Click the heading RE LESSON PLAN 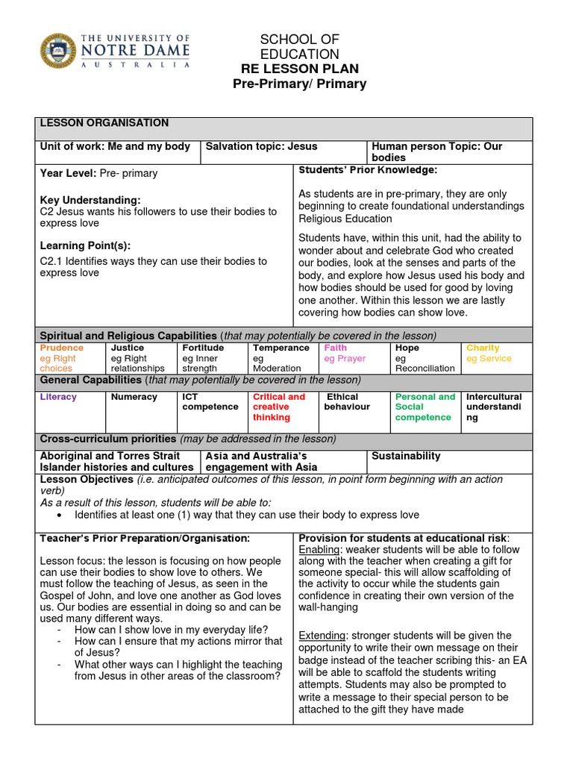point(299,69)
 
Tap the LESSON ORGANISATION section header point(104,123)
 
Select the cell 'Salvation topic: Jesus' point(261,147)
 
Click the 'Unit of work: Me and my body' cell point(115,147)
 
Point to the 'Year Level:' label point(68,173)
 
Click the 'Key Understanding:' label point(90,200)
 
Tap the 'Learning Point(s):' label point(85,245)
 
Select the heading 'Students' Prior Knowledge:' point(368,171)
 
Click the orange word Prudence point(62,348)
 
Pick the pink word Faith point(335,348)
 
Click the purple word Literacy point(58,397)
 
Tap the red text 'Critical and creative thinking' point(279,407)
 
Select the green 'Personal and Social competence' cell point(425,407)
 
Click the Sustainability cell point(406,456)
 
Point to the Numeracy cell point(134,397)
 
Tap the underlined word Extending point(322,635)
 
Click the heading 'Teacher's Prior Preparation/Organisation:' point(145,538)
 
